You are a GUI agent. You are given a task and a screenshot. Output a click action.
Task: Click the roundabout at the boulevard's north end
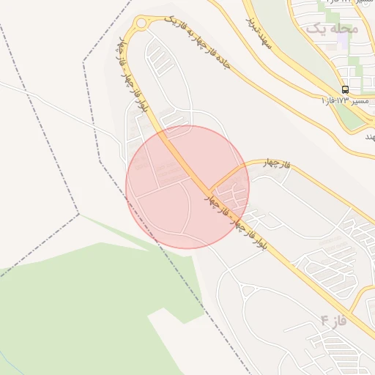(x=140, y=26)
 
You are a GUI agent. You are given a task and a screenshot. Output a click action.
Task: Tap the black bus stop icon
(x=345, y=89)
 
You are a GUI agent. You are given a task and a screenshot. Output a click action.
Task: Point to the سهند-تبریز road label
(x=260, y=34)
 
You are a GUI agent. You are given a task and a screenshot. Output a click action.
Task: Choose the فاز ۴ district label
(x=333, y=320)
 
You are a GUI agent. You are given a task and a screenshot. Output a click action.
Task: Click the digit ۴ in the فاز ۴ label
(x=324, y=321)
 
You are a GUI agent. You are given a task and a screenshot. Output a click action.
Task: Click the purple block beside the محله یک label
(x=341, y=41)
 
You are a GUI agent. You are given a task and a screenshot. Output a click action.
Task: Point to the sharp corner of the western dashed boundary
(x=78, y=214)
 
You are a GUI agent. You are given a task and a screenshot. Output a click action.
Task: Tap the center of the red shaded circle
(x=187, y=187)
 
